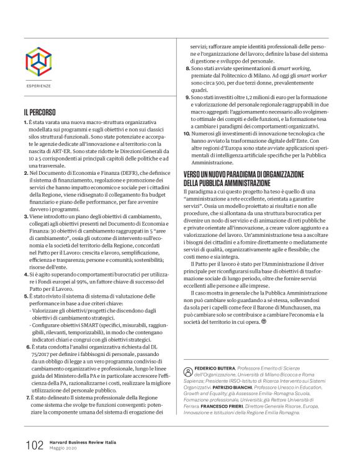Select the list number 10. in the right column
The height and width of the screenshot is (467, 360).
189,133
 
